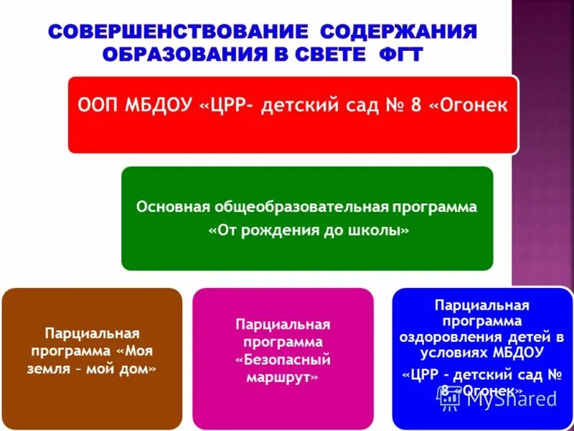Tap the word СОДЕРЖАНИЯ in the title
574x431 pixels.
[x=398, y=32]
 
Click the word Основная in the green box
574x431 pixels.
[x=172, y=207]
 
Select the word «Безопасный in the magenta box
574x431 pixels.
[x=283, y=359]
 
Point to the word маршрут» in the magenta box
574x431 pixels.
[x=283, y=376]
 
